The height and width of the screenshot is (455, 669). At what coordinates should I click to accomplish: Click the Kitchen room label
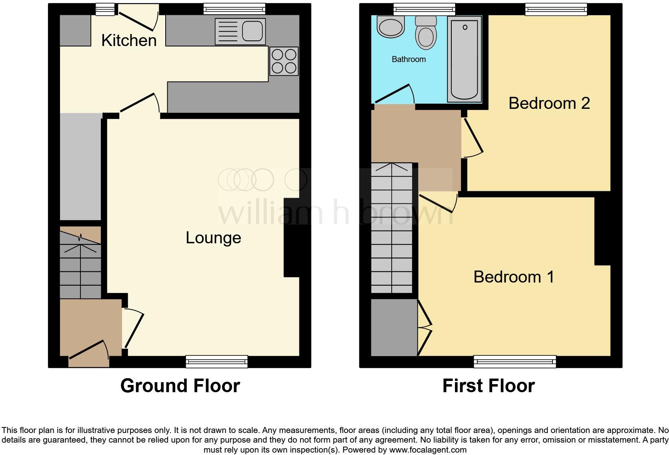[129, 40]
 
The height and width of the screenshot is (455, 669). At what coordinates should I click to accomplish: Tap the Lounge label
[213, 238]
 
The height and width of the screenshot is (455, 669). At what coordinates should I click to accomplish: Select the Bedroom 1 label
[514, 277]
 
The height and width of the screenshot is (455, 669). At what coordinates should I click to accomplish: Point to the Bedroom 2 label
[549, 103]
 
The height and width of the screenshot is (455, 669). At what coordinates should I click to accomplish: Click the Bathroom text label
[409, 59]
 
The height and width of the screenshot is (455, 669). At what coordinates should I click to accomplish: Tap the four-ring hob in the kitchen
[284, 61]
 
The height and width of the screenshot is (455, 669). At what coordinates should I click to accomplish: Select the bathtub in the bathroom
[464, 59]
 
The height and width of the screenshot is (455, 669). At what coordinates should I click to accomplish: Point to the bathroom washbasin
[391, 27]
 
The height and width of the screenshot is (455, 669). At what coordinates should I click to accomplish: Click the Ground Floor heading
[180, 386]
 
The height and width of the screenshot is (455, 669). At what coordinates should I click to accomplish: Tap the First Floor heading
[488, 386]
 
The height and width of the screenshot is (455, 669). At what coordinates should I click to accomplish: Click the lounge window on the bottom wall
[216, 362]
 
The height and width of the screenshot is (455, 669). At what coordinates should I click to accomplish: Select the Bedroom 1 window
[515, 362]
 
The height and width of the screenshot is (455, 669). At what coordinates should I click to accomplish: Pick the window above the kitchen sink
[234, 8]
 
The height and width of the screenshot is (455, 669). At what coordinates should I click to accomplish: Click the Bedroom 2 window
[556, 9]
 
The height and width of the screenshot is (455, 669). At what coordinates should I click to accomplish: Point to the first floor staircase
[392, 228]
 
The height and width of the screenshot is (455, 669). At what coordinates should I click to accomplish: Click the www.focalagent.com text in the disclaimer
[428, 450]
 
